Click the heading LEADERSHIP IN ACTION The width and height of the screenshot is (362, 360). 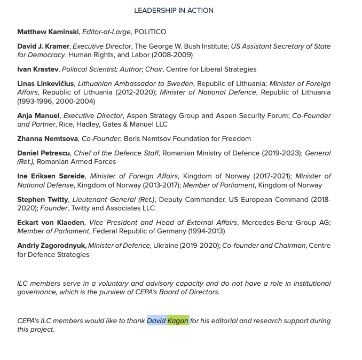[x=174, y=10]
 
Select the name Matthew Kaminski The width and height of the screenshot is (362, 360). [x=48, y=32]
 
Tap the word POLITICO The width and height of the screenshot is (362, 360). [x=150, y=32]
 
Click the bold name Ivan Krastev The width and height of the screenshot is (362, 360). [x=38, y=69]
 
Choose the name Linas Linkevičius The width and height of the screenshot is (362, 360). [x=45, y=84]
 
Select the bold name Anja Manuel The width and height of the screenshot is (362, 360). [x=38, y=116]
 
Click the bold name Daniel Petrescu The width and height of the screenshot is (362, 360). [x=44, y=153]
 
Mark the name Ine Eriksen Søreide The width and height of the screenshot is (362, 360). [x=51, y=176]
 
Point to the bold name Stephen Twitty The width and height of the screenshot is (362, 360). [x=43, y=200]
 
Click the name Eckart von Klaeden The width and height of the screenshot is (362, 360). [x=51, y=223]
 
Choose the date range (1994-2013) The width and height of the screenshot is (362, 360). [x=207, y=231]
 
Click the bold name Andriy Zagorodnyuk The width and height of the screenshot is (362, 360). [x=51, y=246]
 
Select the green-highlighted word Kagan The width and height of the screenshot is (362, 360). [x=178, y=321]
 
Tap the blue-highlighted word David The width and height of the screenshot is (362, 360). [x=156, y=321]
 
